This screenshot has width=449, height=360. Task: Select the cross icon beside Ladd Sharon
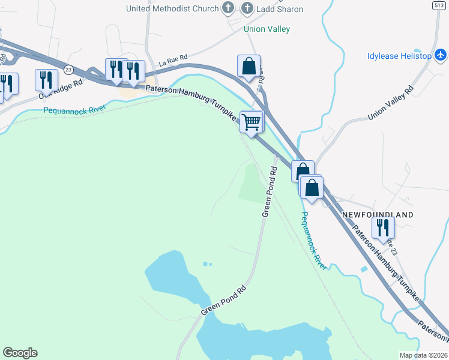pos(247,8)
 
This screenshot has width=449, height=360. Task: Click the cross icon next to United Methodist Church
pos(228,8)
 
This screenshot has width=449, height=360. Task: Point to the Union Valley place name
pos(267,29)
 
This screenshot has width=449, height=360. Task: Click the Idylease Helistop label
pos(399,56)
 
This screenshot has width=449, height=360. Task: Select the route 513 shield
pos(438,5)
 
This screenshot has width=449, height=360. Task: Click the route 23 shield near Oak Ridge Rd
pos(68,70)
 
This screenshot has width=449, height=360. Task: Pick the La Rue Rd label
pos(173,60)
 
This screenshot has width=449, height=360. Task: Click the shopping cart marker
pos(252,121)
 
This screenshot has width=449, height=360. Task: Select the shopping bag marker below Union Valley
pos(249,65)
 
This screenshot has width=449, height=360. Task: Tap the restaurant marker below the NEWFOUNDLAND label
pos(383,227)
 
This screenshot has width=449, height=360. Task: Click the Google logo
pos(20,353)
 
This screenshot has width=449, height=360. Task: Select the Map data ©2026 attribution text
pos(423,355)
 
